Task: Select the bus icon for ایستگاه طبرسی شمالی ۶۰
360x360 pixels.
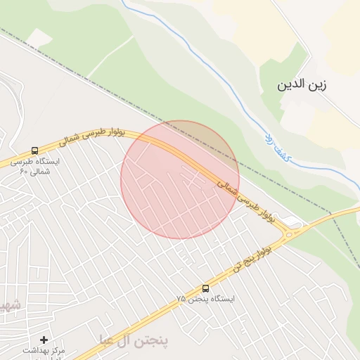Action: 34,151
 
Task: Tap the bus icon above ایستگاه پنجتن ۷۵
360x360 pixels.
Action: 205,288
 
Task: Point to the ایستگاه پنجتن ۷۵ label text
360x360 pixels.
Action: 205,299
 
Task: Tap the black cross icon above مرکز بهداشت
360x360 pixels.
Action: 44,340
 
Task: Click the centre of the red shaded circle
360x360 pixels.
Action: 180,180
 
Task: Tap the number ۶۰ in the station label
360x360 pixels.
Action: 23,171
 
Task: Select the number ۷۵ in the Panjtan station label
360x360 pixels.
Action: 181,299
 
